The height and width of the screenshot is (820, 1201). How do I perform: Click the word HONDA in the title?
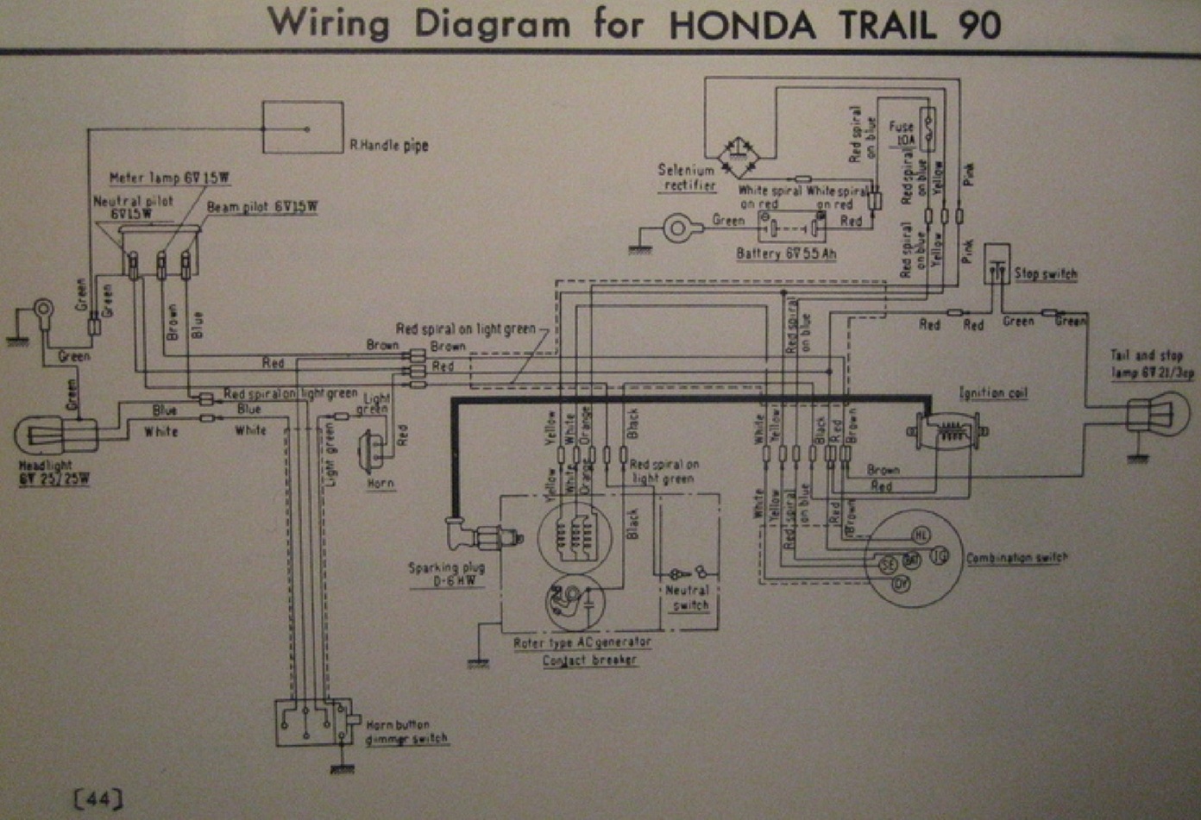[x=742, y=23]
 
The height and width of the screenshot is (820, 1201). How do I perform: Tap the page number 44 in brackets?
[x=98, y=799]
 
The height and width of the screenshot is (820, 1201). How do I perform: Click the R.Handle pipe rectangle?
[x=302, y=128]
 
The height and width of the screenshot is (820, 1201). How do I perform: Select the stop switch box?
[x=997, y=264]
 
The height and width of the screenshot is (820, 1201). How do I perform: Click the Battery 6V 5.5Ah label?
[x=786, y=254]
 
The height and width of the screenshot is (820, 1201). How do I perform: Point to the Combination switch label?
[x=1016, y=558]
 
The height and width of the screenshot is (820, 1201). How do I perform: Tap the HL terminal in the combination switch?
[x=921, y=535]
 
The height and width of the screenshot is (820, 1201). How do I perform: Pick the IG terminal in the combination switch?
[x=940, y=556]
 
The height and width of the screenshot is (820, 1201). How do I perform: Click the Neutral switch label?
[x=689, y=598]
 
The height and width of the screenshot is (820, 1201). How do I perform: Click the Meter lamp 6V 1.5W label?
[x=169, y=178]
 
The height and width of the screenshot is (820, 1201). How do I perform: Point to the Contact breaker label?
[x=590, y=660]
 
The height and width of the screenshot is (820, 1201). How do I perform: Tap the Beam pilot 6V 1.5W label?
[x=261, y=208]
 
